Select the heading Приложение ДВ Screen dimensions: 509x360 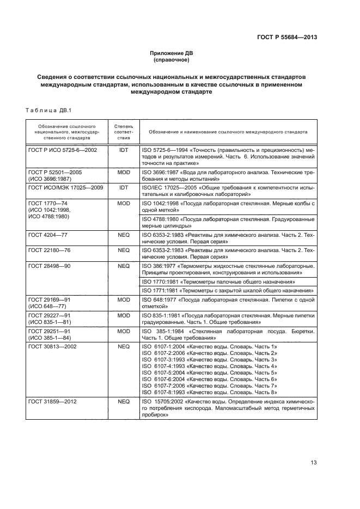click(172, 53)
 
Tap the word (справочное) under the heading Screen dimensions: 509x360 click(172, 60)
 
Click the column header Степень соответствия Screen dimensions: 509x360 click(123, 132)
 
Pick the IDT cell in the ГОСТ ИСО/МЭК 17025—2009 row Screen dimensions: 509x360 click(123, 187)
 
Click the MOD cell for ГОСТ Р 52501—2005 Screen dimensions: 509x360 click(123, 171)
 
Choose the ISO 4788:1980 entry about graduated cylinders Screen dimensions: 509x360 click(227, 222)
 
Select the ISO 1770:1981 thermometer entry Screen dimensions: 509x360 click(218, 282)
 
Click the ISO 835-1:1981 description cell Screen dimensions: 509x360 click(227, 318)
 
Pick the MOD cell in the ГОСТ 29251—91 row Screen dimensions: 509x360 click(123, 330)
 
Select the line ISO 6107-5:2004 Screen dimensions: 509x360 click(209, 372)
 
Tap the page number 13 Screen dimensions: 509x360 click(314, 463)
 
